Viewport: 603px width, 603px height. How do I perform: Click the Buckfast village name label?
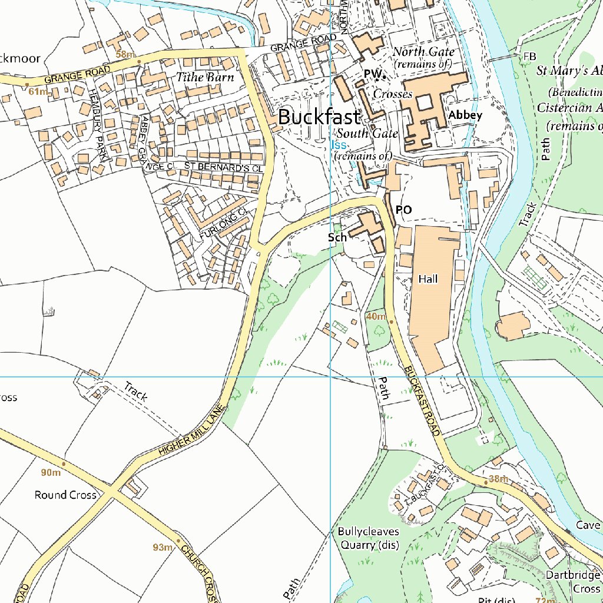point(319,117)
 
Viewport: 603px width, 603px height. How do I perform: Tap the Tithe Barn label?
point(206,77)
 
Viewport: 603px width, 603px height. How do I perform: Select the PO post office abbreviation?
point(403,210)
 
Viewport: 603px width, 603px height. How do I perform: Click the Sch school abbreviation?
point(337,238)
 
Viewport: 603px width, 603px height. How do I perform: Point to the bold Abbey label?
point(465,115)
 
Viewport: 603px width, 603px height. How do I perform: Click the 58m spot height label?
point(125,55)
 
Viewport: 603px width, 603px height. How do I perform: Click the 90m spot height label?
point(51,473)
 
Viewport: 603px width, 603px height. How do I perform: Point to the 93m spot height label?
point(163,548)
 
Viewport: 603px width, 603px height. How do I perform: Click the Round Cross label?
point(65,495)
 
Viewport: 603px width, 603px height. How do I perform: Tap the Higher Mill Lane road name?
point(192,430)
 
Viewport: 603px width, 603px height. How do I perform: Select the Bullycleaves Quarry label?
point(369,538)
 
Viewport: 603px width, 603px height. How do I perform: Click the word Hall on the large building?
point(428,279)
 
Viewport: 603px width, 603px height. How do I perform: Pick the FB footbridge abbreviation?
point(529,56)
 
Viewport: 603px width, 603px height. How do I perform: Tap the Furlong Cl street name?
point(221,224)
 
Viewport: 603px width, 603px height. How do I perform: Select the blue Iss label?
point(339,145)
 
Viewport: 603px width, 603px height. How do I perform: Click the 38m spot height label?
point(498,479)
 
